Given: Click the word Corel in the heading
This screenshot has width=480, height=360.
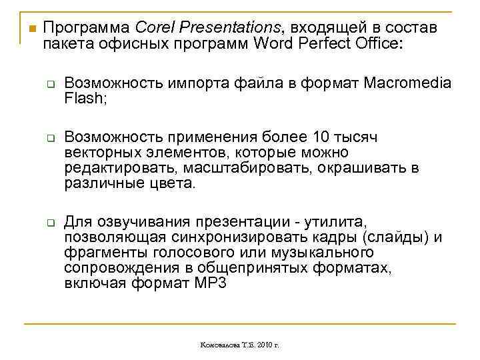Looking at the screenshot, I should tap(151, 28).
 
